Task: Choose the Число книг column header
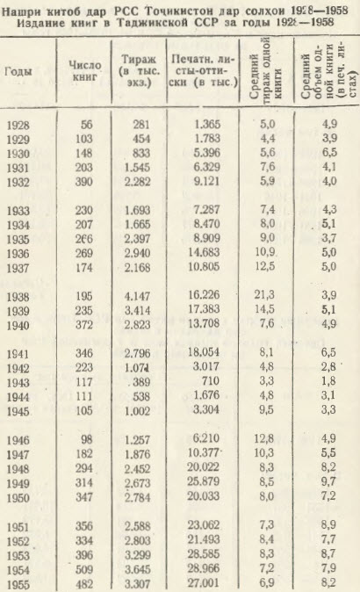coord(87,71)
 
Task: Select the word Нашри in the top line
coord(23,9)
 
